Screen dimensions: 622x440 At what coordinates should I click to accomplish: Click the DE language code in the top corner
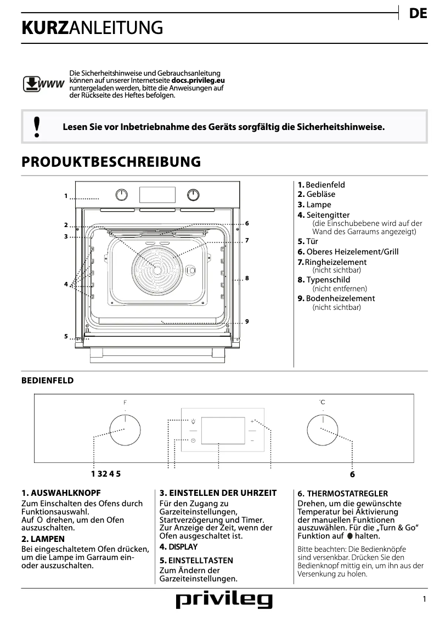(418, 14)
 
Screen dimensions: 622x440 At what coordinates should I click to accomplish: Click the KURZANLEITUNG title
(92, 28)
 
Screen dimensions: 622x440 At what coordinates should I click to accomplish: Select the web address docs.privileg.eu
(198, 80)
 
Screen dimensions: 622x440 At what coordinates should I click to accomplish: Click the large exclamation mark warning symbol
(37, 127)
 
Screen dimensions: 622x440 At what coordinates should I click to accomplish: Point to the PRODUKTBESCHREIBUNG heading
(111, 162)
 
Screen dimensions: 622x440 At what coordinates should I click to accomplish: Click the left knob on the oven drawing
(122, 195)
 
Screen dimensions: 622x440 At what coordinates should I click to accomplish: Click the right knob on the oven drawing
(193, 195)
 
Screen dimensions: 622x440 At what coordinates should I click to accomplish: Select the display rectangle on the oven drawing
(157, 195)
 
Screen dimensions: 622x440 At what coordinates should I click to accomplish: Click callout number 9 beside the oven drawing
(247, 321)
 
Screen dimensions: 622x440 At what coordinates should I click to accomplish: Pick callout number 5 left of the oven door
(65, 336)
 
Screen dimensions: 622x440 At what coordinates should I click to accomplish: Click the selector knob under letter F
(125, 429)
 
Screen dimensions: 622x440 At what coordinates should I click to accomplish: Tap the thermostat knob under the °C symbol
(322, 429)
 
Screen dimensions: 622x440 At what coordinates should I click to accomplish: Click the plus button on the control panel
(252, 422)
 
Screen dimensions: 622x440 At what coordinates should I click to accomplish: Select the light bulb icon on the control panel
(193, 422)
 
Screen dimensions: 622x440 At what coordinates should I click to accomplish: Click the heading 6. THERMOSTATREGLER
(342, 494)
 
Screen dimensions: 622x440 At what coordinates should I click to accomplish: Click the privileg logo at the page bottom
(224, 601)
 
